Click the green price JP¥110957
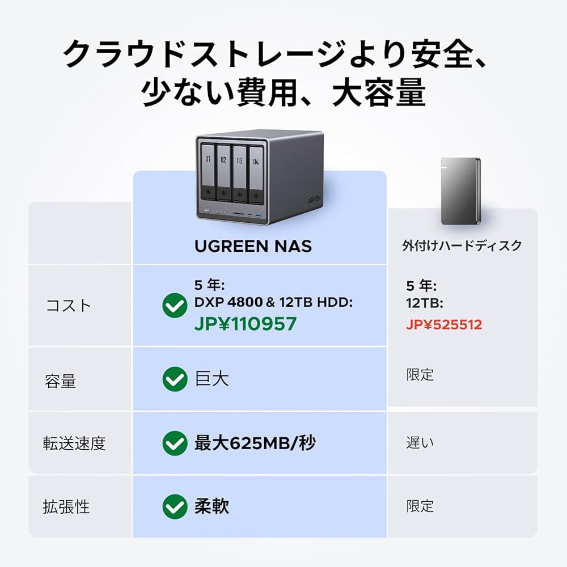click(245, 324)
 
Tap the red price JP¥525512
click(444, 325)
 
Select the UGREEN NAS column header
click(253, 246)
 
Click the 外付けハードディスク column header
click(462, 246)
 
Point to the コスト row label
click(69, 305)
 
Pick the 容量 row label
click(60, 381)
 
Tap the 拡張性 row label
click(66, 506)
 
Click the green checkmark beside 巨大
click(175, 379)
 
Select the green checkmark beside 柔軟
click(175, 506)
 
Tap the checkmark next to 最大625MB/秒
click(175, 443)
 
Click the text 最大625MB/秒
click(255, 443)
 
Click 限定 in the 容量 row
click(420, 374)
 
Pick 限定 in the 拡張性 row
click(420, 506)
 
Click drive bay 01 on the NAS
click(208, 170)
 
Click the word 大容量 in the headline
click(379, 92)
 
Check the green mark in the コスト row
click(175, 306)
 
